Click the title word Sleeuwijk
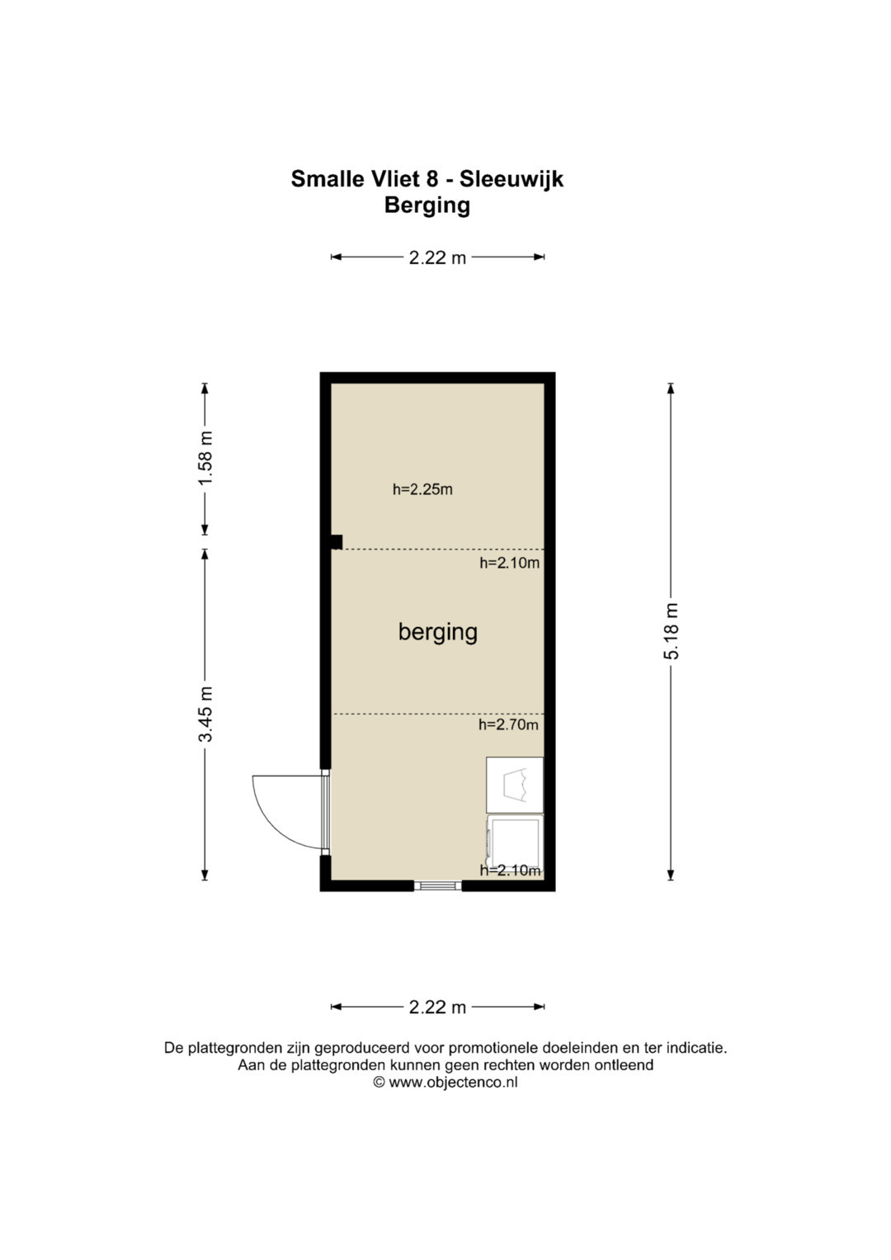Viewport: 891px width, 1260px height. (x=511, y=179)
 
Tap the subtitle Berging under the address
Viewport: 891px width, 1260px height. (x=427, y=205)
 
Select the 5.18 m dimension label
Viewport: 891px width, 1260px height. (x=672, y=630)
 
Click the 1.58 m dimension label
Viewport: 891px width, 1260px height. (x=205, y=458)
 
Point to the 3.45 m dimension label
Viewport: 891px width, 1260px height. (x=205, y=714)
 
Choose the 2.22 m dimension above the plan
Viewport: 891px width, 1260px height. (x=437, y=257)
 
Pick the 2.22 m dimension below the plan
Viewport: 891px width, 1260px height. (x=437, y=1007)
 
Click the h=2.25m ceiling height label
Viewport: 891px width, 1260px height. (x=422, y=489)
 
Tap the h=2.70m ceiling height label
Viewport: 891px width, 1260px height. (x=508, y=724)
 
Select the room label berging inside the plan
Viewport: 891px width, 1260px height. (x=437, y=632)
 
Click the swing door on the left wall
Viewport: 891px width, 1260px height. (x=290, y=812)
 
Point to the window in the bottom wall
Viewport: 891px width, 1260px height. (x=437, y=886)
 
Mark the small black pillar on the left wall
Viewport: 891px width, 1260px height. (x=336, y=542)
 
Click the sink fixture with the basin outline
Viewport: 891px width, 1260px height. (x=515, y=785)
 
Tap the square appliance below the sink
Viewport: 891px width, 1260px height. (x=515, y=843)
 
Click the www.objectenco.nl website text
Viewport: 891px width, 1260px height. (x=453, y=1082)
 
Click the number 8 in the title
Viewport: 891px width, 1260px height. (x=432, y=179)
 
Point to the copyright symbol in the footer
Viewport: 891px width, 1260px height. (x=379, y=1082)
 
